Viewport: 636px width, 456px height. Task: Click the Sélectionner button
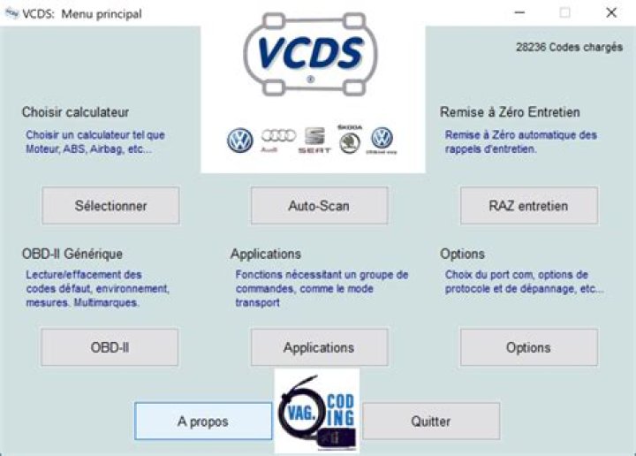click(110, 206)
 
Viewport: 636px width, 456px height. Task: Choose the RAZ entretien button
click(528, 206)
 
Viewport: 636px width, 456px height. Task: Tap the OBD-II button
click(110, 347)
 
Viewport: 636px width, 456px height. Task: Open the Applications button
click(319, 347)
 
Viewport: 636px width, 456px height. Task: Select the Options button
click(528, 347)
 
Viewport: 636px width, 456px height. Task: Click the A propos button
click(203, 422)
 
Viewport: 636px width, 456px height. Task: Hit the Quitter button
click(431, 422)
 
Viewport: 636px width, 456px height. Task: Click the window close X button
click(611, 13)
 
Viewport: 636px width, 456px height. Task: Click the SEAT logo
click(314, 141)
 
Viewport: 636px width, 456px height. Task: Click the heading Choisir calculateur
click(75, 112)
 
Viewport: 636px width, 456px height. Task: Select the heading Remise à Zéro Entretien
click(510, 112)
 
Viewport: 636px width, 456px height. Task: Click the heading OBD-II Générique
click(72, 254)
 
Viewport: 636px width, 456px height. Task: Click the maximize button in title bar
click(564, 13)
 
